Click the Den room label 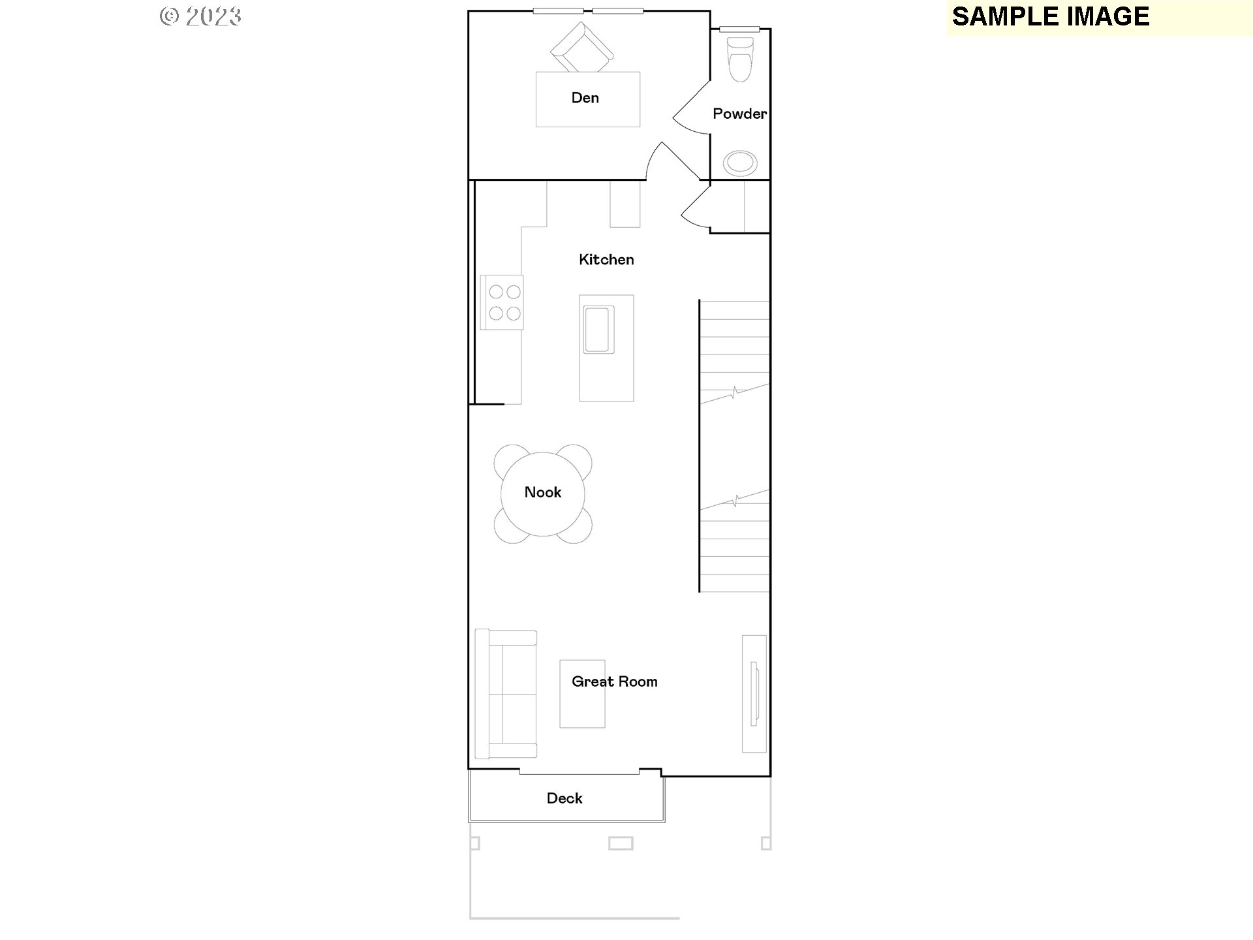[585, 98]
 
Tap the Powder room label [739, 114]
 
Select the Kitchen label [606, 260]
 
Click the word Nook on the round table [542, 492]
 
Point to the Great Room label [614, 681]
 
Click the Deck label [565, 798]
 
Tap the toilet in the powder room [740, 59]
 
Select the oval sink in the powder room [740, 163]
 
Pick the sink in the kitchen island [598, 329]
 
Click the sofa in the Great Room [506, 694]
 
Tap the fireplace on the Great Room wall [754, 693]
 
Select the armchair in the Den [582, 48]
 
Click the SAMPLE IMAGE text [1050, 17]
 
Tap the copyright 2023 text [200, 16]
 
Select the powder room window [739, 29]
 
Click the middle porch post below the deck [620, 843]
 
